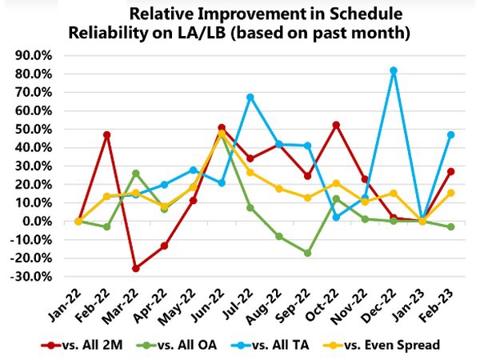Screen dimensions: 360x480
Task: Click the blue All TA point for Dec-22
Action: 394,70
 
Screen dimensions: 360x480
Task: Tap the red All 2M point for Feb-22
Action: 106,134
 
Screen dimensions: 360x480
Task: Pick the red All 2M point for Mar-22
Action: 137,268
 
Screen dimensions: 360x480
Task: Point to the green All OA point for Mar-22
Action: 137,173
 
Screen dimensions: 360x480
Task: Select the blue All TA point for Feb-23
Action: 450,134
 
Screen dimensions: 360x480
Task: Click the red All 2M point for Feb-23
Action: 450,171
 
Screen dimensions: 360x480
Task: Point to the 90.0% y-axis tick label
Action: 34,55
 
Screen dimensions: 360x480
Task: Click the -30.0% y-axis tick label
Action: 32,277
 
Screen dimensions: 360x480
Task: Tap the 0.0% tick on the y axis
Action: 38,222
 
